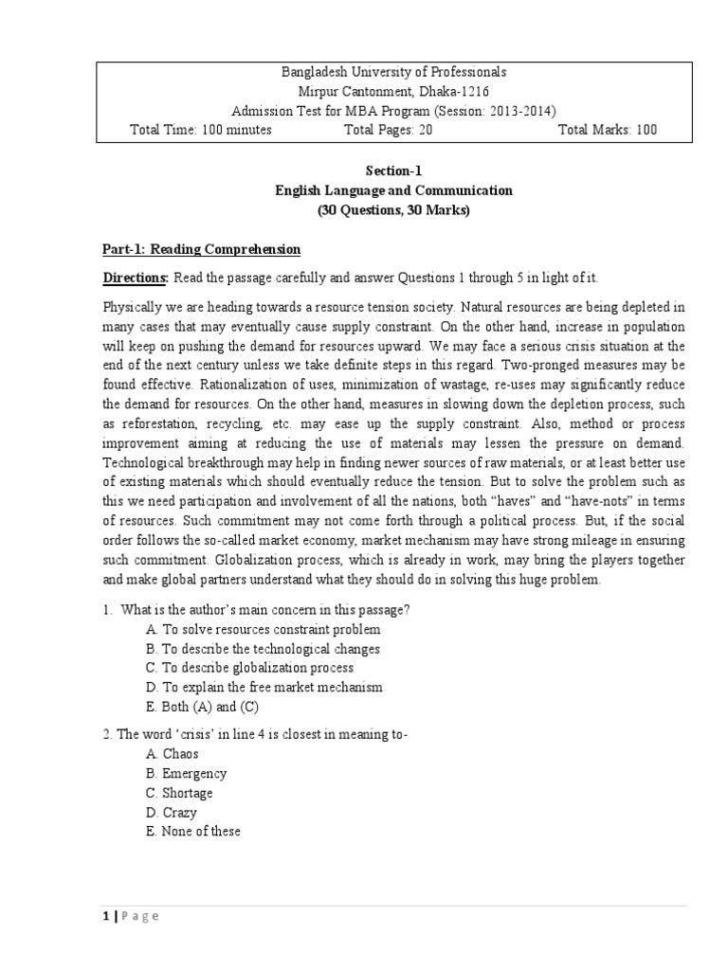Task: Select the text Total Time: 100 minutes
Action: click(x=200, y=130)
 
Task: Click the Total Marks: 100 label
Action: click(x=607, y=130)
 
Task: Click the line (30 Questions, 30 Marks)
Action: click(x=392, y=210)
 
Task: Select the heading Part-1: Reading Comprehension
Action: click(x=201, y=249)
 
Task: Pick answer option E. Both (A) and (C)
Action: click(x=203, y=707)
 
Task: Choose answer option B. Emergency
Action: click(x=188, y=774)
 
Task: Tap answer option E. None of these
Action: click(x=193, y=832)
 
